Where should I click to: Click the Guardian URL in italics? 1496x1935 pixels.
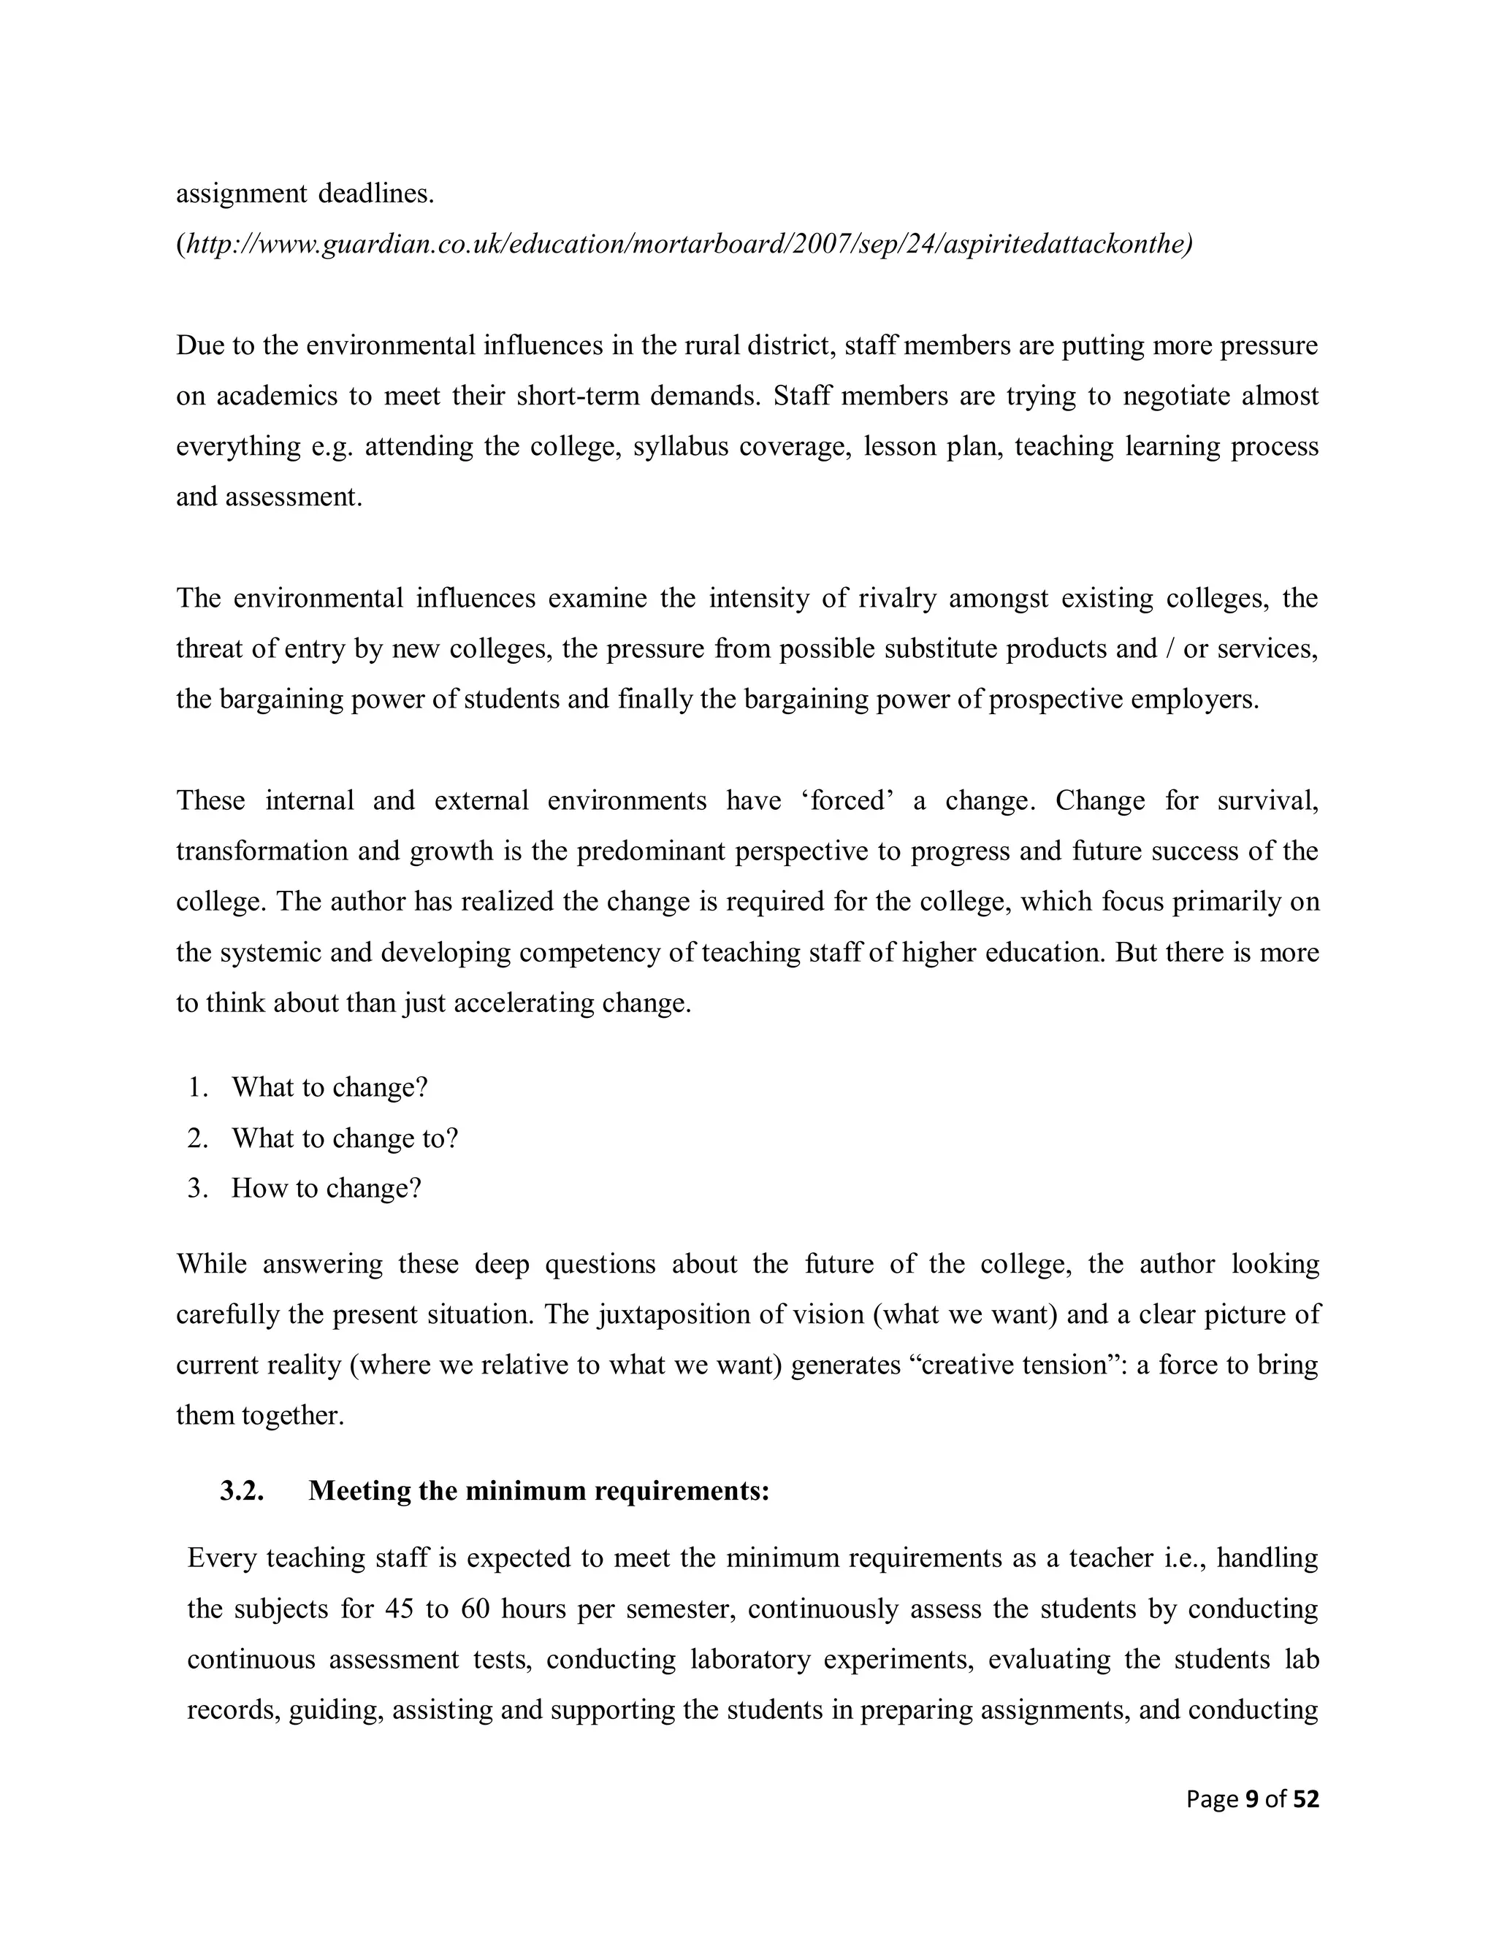(x=684, y=244)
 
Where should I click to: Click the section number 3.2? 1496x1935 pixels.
(x=242, y=1491)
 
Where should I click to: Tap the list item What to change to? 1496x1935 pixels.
(x=345, y=1138)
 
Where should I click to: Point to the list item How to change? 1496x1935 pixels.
(x=326, y=1188)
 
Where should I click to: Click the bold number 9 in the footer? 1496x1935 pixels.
(x=1251, y=1799)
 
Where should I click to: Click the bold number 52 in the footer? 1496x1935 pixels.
(x=1305, y=1799)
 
